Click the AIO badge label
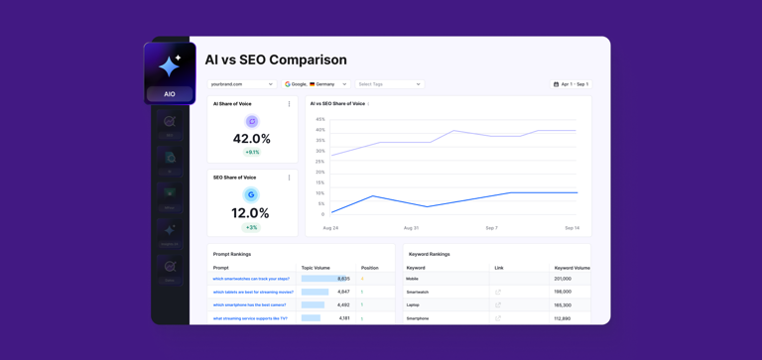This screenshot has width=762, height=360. [x=170, y=94]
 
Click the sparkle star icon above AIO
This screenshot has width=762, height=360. [x=170, y=65]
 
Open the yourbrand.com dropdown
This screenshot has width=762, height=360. [x=241, y=84]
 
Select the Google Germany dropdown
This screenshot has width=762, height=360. [x=316, y=84]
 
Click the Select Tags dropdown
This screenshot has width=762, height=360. [x=389, y=84]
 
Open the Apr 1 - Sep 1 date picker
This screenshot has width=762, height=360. [x=571, y=84]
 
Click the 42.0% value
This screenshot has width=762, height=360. [x=251, y=139]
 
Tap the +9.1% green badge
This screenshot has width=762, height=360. [x=252, y=153]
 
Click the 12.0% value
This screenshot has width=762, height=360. [x=251, y=213]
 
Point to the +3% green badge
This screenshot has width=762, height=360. [x=252, y=227]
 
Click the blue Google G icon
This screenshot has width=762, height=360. [x=252, y=195]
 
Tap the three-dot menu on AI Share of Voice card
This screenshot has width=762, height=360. [x=290, y=104]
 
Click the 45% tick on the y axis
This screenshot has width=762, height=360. [x=319, y=119]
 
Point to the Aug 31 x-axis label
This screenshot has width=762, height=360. [x=411, y=228]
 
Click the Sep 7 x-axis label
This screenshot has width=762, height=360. [x=491, y=228]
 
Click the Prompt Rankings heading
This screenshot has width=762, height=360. [x=232, y=254]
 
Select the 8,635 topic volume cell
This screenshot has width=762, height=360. [x=343, y=279]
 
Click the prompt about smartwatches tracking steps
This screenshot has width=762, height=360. [x=251, y=279]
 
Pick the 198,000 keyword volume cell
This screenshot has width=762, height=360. [x=563, y=292]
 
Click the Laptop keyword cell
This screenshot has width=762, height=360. [x=413, y=305]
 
